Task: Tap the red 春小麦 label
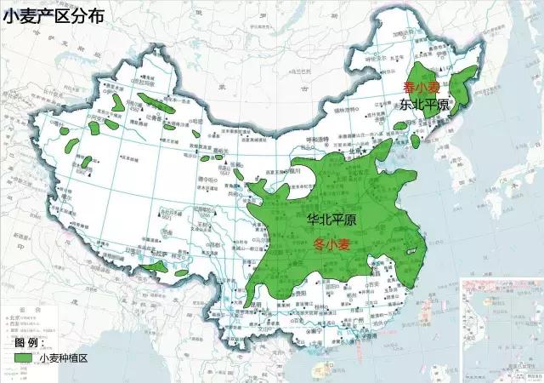click(x=420, y=88)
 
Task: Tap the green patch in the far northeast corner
click(x=464, y=84)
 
